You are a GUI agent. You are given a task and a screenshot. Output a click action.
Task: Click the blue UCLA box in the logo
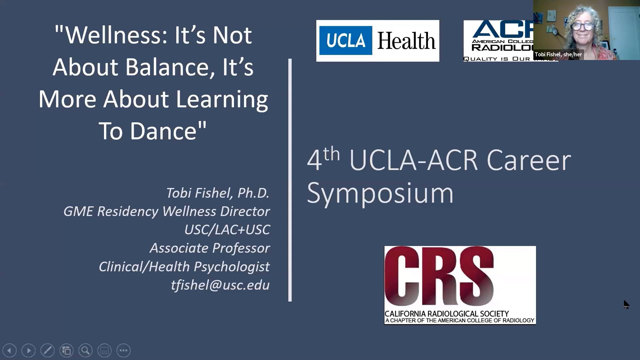click(345, 40)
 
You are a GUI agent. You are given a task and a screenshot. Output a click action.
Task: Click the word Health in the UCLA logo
click(406, 41)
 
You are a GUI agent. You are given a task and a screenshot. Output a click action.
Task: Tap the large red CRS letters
click(439, 276)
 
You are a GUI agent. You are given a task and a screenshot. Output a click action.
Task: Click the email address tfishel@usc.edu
click(220, 285)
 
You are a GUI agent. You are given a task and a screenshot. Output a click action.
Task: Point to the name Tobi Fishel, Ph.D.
click(217, 193)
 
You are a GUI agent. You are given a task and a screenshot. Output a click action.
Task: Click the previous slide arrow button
click(9, 350)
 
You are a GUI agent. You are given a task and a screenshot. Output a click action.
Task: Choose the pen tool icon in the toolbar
click(47, 350)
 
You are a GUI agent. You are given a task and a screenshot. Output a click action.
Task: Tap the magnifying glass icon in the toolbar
click(85, 350)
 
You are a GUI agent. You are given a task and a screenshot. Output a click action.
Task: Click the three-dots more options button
click(123, 350)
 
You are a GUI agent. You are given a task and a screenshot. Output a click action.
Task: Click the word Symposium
click(380, 193)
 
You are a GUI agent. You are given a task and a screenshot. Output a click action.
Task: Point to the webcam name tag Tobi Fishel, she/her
click(558, 54)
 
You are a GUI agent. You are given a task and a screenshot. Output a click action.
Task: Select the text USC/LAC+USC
click(227, 230)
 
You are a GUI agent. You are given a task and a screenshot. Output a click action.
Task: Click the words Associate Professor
click(210, 248)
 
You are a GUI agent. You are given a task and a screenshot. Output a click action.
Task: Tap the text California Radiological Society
click(447, 314)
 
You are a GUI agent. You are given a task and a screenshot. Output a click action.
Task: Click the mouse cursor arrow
click(626, 304)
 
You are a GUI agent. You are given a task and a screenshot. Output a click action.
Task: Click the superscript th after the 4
click(331, 154)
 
